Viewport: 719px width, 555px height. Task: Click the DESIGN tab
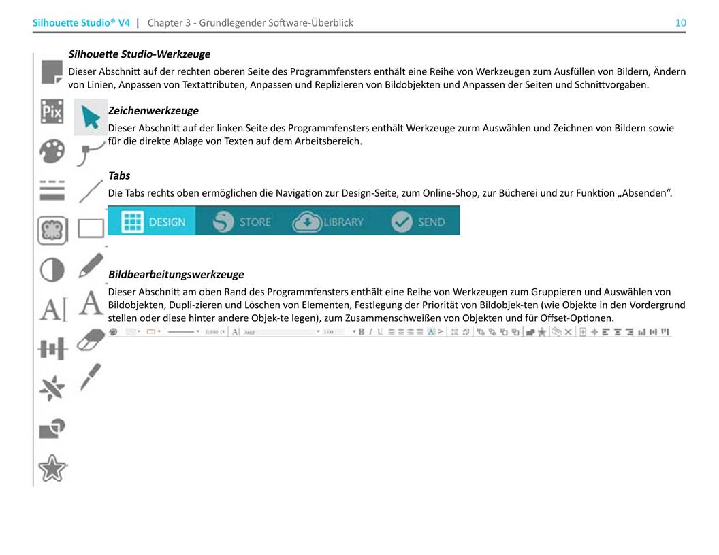tap(153, 222)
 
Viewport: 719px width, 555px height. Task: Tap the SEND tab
tap(418, 222)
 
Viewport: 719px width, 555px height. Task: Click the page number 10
tap(680, 22)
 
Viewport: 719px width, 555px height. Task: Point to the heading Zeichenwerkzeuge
tap(153, 110)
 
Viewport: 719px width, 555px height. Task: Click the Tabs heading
tap(119, 175)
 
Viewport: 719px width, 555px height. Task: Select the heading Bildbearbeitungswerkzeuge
tap(176, 274)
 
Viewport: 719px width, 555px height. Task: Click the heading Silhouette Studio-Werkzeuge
tap(140, 54)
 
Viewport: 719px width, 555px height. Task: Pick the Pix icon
tap(52, 112)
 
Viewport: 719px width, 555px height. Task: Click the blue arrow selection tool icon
tap(90, 117)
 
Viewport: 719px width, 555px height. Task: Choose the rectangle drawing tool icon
tap(91, 228)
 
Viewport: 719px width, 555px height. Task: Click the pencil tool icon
tap(91, 265)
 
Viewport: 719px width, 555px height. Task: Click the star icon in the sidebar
tap(52, 467)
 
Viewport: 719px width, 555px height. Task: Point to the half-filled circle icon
tap(52, 270)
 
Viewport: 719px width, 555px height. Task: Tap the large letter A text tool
tap(91, 302)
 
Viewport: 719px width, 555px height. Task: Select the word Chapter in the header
tap(165, 22)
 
